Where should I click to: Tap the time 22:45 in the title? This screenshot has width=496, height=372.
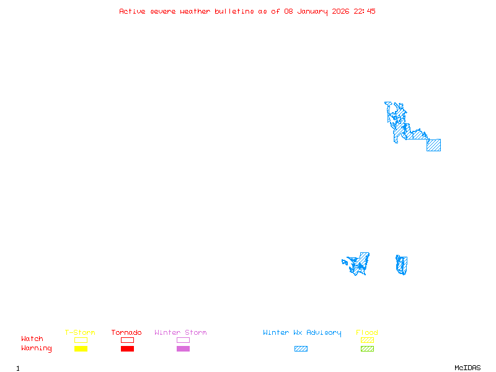(x=365, y=11)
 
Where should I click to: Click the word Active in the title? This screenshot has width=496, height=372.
(x=132, y=11)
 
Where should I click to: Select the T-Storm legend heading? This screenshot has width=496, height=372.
(x=80, y=333)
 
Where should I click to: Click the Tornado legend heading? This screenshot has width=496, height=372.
(x=126, y=333)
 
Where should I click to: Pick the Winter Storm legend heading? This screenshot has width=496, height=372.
(x=180, y=333)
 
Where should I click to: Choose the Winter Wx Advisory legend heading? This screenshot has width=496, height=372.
(x=302, y=333)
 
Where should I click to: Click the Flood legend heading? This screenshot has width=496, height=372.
(x=367, y=333)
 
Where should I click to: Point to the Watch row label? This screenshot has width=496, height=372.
(x=32, y=339)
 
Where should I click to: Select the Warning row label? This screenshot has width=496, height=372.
(x=37, y=348)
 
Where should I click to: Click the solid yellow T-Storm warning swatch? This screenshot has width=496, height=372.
(x=81, y=349)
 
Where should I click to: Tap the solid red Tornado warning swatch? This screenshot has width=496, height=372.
(x=127, y=349)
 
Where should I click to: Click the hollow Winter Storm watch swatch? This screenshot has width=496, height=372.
(x=183, y=340)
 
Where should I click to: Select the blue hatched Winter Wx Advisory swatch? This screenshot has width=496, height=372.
(x=301, y=349)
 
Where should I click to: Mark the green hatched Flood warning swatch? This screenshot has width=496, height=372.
(x=367, y=349)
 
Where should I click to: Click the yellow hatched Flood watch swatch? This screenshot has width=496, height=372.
(x=367, y=340)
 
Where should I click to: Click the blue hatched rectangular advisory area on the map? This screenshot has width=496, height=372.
(x=434, y=145)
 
